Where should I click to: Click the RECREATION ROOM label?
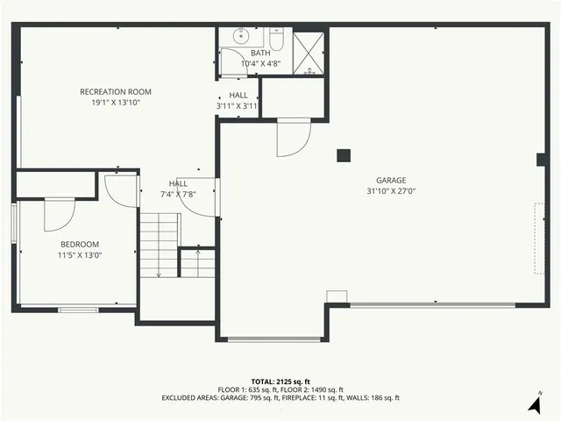coord(116,91)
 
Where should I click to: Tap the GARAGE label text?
coord(392,180)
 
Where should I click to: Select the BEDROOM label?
coord(80,244)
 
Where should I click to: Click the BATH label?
coord(260,53)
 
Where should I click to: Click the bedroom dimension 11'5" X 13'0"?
coord(80,255)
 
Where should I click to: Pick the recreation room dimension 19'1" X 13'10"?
coord(116,103)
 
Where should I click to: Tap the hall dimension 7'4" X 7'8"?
coord(178,194)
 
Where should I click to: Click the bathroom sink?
coord(240,38)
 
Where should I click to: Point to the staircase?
coord(159,246)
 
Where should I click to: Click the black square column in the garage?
coord(344,155)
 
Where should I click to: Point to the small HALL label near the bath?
coord(238,95)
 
